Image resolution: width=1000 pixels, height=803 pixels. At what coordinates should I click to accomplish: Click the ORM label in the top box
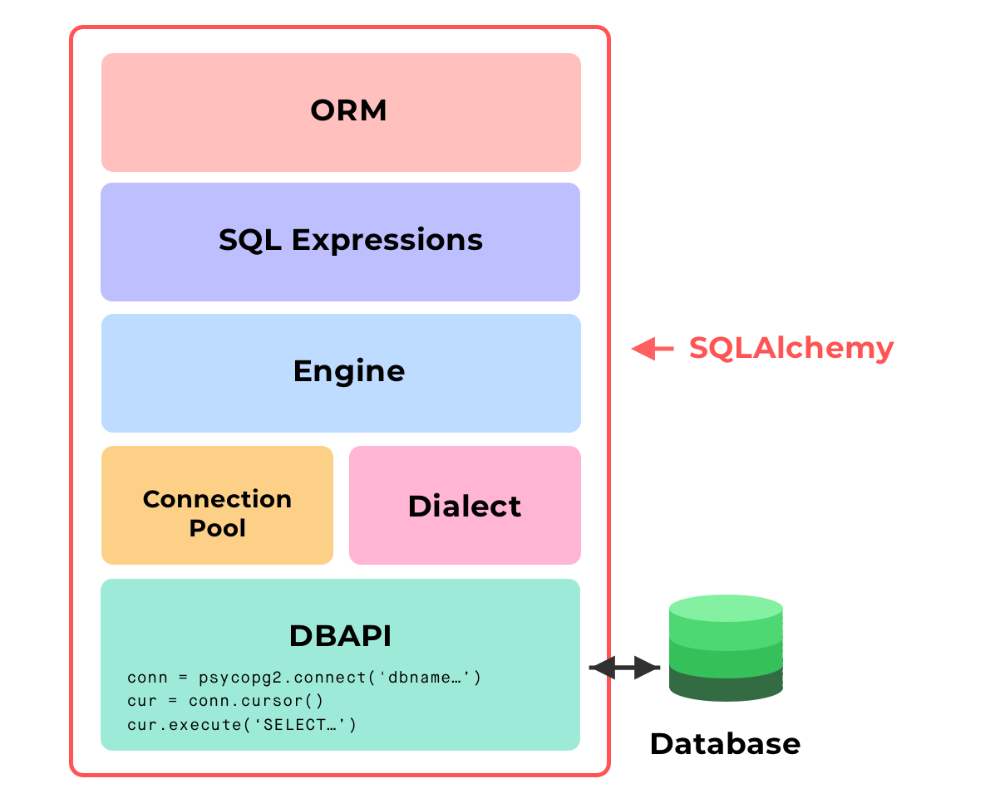click(x=348, y=111)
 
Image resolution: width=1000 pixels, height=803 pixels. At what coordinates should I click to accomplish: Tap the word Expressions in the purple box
click(x=387, y=240)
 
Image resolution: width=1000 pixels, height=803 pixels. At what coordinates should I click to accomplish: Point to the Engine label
click(x=348, y=371)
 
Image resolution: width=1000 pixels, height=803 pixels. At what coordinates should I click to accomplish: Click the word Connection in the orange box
click(x=217, y=499)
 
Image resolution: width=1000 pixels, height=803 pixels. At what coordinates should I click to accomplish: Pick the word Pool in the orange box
click(x=217, y=528)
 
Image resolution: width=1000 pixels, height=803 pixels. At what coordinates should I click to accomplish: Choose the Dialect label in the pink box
click(x=464, y=507)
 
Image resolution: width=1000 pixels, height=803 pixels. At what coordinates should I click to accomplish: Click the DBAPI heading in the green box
click(x=340, y=636)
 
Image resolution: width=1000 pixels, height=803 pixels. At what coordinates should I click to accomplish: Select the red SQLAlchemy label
click(x=791, y=348)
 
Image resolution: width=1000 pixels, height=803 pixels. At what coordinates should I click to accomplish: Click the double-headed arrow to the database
click(x=624, y=667)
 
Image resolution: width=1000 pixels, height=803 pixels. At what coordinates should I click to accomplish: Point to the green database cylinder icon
click(x=726, y=648)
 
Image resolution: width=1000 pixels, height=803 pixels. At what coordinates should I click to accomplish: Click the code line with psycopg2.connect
click(x=304, y=678)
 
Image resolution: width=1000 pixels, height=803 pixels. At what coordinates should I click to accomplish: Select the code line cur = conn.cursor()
click(x=225, y=701)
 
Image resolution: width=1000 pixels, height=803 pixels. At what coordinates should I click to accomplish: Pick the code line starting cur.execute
click(x=242, y=724)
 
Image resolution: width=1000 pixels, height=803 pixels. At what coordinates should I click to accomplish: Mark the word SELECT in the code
click(x=299, y=724)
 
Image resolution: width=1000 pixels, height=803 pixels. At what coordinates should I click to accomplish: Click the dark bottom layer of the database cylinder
click(x=726, y=686)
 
